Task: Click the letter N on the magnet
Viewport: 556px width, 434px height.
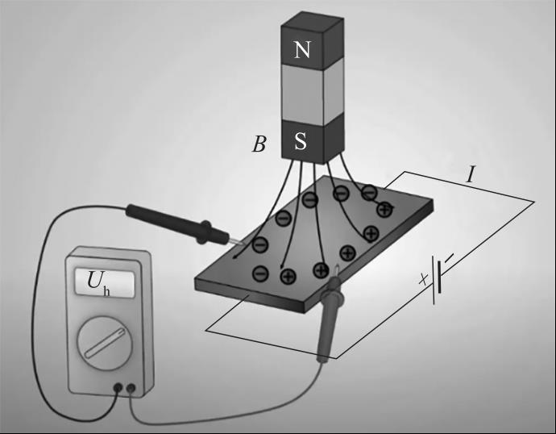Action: (x=302, y=49)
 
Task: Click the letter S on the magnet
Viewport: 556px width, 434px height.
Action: (x=301, y=140)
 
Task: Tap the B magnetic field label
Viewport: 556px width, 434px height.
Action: (x=259, y=144)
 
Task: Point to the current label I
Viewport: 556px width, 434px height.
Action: (x=471, y=174)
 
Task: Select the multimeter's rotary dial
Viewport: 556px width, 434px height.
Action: (x=105, y=343)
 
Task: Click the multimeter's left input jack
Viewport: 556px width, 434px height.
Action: (x=118, y=388)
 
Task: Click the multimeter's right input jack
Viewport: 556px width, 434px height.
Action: (x=131, y=388)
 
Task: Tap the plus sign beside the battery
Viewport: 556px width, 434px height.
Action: (x=423, y=279)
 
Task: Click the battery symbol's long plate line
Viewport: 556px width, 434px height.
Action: (x=434, y=281)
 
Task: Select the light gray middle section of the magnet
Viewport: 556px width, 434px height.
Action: (x=313, y=91)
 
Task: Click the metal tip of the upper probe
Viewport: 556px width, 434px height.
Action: (x=236, y=242)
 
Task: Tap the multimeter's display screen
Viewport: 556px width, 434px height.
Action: (x=105, y=283)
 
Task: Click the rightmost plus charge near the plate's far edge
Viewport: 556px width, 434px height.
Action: (x=384, y=209)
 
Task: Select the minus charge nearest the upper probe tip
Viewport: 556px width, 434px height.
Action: (x=260, y=245)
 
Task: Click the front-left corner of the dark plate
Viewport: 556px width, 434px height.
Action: (x=195, y=283)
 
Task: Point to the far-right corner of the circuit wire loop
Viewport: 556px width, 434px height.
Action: (x=533, y=202)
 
